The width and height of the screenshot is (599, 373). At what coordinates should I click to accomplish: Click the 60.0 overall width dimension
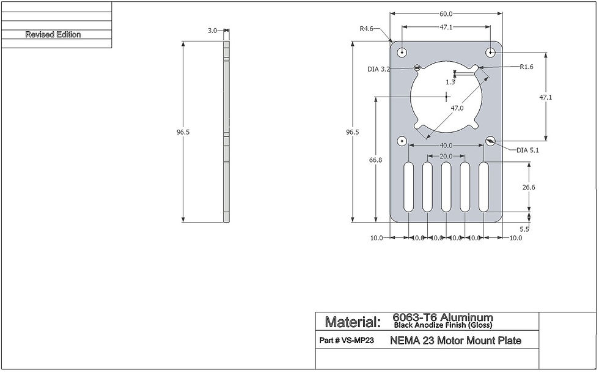(446, 13)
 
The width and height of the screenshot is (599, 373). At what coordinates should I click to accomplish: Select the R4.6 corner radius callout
(367, 28)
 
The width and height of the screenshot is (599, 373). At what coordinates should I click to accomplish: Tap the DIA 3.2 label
(378, 69)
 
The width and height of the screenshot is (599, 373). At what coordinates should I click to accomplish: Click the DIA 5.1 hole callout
(528, 150)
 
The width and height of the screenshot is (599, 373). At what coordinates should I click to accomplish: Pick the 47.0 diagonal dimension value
(457, 108)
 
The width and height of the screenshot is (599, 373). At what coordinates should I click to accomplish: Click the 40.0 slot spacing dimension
(446, 146)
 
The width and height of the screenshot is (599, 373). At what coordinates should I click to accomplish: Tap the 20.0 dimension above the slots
(446, 157)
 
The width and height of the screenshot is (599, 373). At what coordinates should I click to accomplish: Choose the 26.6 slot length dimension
(528, 187)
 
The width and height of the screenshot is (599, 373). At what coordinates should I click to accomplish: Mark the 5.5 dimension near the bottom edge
(524, 229)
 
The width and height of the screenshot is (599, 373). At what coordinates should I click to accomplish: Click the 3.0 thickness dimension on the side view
(212, 30)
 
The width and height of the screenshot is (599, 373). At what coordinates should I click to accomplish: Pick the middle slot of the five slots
(446, 187)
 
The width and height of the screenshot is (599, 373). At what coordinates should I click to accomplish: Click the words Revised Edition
(53, 35)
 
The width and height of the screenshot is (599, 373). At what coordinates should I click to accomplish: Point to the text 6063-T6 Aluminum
(442, 318)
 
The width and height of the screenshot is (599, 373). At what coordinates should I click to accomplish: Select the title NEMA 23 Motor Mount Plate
(455, 341)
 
